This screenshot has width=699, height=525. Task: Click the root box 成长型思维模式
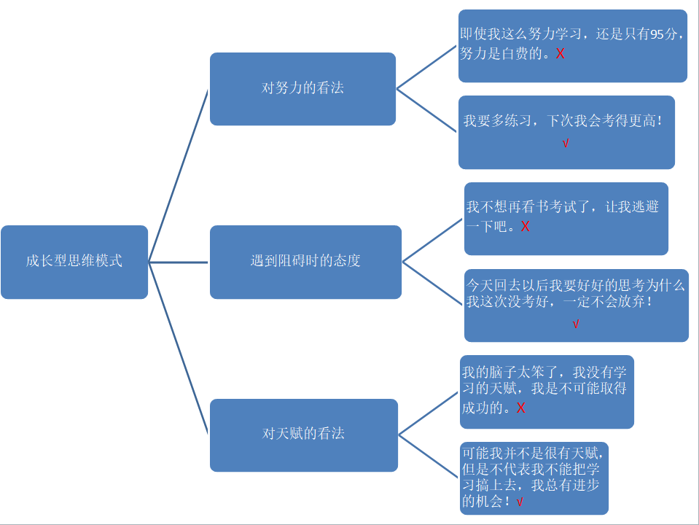coord(74,262)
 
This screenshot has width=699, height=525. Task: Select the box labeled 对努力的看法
coord(302,89)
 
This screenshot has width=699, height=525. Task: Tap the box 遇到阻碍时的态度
coord(305,262)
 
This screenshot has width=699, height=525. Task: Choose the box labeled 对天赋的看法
coord(303,435)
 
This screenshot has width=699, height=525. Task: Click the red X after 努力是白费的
coord(560,54)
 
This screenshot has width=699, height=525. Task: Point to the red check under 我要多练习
coord(566,144)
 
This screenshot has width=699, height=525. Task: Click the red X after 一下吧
coord(525,227)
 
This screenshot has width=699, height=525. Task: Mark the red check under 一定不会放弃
coord(576,324)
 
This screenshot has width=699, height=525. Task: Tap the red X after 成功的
coord(520,408)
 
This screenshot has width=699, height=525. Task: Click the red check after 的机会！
coord(520,502)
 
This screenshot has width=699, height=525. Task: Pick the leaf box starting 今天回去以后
coord(576,306)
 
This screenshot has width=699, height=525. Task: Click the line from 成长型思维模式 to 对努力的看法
coord(179,176)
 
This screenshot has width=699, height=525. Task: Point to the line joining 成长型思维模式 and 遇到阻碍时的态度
coord(179,262)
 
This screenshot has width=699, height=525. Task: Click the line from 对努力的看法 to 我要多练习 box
coord(427,111)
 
